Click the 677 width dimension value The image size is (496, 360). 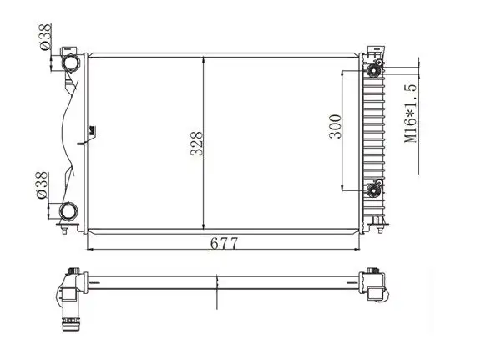[x=224, y=243]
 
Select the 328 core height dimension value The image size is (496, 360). [x=196, y=144]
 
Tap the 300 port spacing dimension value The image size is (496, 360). [x=336, y=126]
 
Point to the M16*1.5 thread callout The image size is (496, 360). [x=411, y=114]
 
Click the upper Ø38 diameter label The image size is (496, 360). [x=45, y=37]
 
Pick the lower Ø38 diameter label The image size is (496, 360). [x=42, y=185]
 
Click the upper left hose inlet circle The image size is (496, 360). [x=70, y=63]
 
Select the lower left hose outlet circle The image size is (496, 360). [x=68, y=211]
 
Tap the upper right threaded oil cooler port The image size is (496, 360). [x=373, y=70]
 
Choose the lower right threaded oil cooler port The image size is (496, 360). [x=374, y=190]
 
